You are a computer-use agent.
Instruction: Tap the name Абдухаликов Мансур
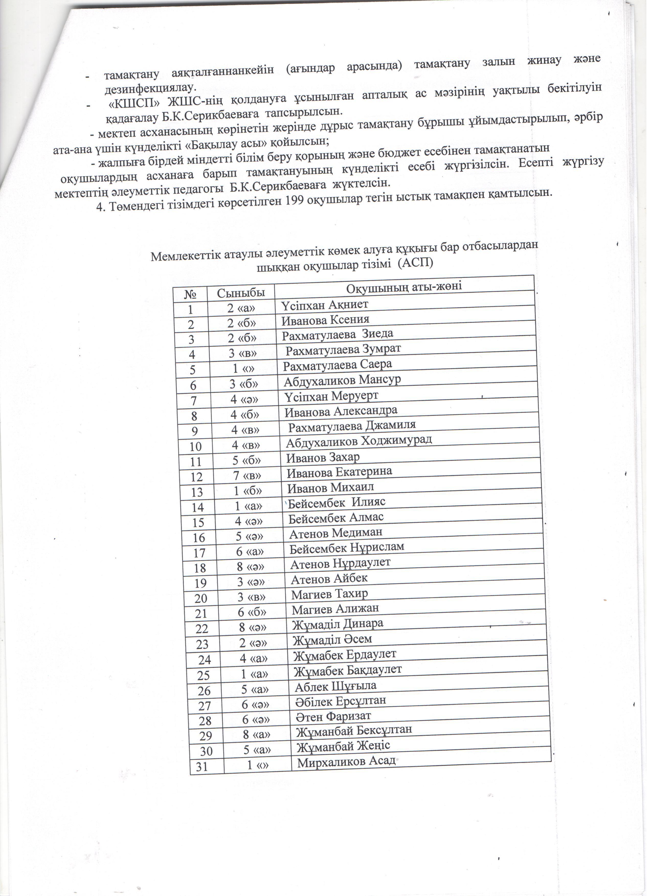pos(343,381)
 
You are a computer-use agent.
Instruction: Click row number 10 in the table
pos(196,446)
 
